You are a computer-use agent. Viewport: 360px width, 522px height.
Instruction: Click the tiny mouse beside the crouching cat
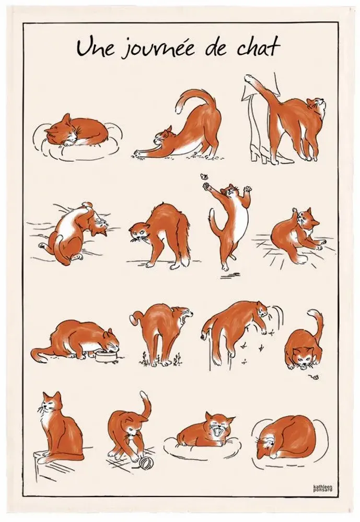313,375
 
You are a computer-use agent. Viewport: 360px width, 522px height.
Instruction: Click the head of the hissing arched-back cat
138,230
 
